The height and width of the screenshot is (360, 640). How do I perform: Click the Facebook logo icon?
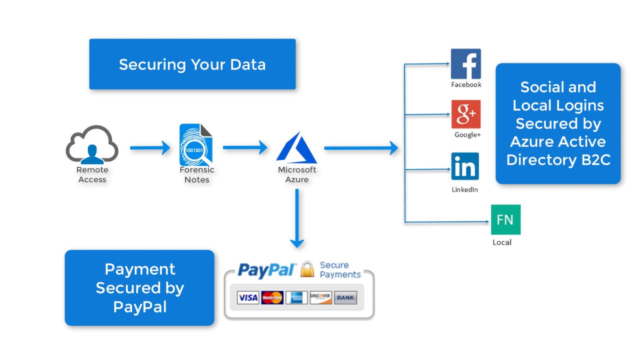(x=465, y=64)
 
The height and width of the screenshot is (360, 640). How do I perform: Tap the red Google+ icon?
(x=465, y=114)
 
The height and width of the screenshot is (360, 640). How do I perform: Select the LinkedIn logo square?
(x=465, y=166)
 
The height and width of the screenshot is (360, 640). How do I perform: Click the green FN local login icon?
(x=505, y=219)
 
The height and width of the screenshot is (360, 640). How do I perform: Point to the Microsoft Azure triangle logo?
(x=296, y=148)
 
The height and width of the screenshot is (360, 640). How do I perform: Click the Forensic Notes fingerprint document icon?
(x=196, y=145)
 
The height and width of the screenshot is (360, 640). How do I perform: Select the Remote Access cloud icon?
(x=92, y=145)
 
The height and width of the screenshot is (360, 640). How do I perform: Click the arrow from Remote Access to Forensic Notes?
(x=150, y=148)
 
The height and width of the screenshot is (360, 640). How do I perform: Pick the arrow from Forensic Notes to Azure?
(x=245, y=147)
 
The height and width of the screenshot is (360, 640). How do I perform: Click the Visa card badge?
(x=247, y=298)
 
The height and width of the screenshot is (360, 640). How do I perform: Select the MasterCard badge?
(x=272, y=298)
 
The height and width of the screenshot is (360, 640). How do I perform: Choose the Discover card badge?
(x=320, y=298)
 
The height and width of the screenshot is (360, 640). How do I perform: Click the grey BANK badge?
(x=345, y=298)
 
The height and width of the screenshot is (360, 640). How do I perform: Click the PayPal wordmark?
(x=267, y=270)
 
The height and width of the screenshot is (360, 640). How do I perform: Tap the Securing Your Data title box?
(x=192, y=64)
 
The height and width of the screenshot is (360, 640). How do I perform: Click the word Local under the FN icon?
(x=502, y=242)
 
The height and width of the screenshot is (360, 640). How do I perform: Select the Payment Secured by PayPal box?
(x=139, y=288)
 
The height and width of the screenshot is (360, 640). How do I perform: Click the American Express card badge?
(x=296, y=298)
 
